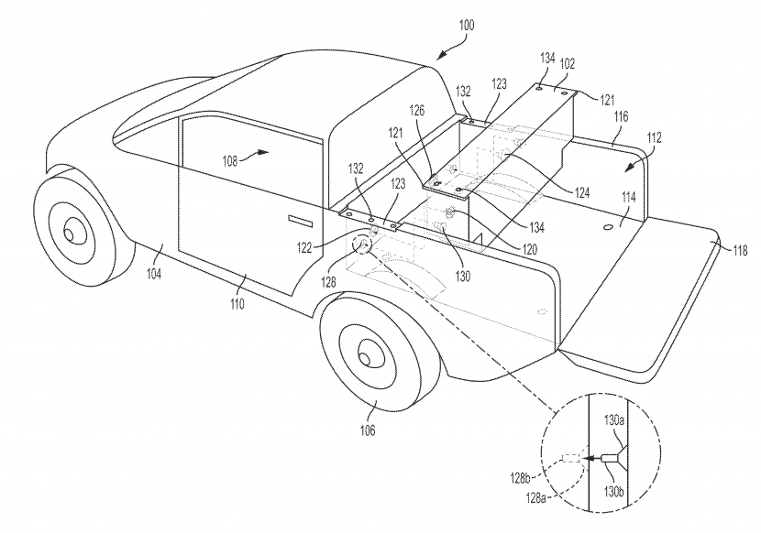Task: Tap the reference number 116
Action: (621, 117)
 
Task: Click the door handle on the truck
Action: (300, 220)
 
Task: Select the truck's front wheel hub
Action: (70, 235)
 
